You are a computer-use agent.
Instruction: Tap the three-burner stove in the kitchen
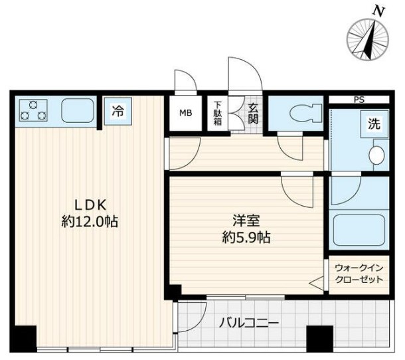tap(33, 110)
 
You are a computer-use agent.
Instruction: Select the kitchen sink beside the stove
tap(78, 110)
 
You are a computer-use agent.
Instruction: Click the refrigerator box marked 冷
tap(118, 111)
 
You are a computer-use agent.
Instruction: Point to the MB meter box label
tap(185, 112)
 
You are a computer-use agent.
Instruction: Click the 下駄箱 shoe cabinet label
tap(217, 111)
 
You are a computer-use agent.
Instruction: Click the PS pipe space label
tap(359, 100)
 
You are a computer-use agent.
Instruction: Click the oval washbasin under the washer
tap(376, 155)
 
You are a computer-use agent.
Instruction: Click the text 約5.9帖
tap(245, 237)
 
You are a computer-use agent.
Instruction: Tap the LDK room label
tap(86, 205)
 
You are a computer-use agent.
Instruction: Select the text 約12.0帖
tap(86, 222)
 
